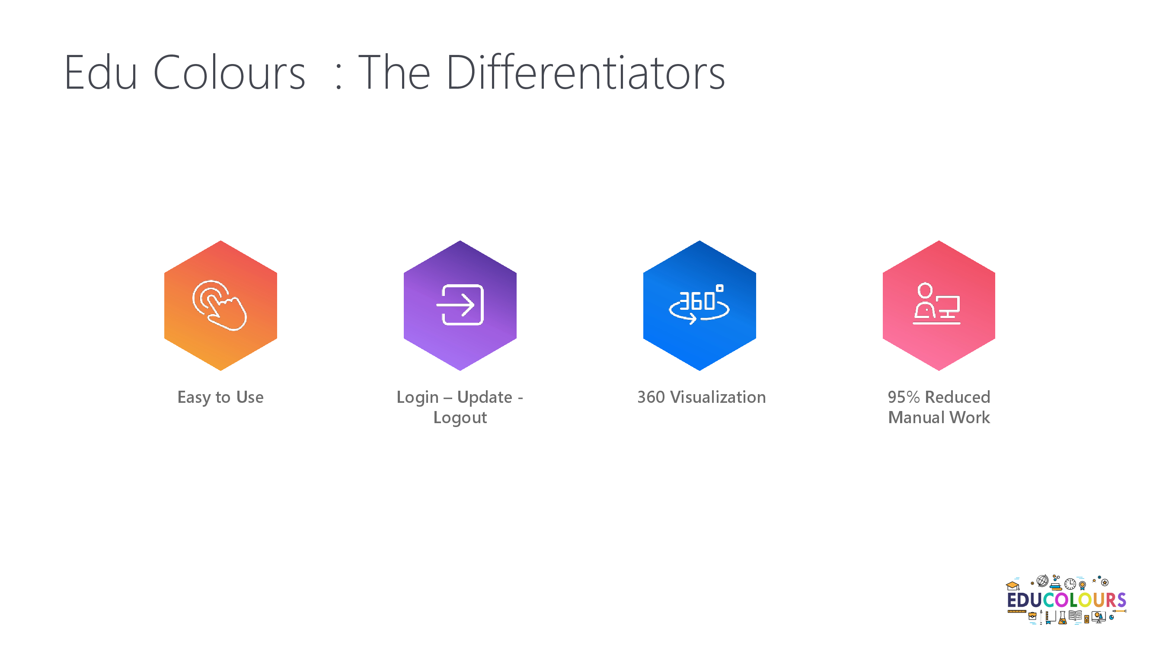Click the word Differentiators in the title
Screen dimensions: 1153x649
click(585, 72)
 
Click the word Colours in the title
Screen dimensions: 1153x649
click(229, 73)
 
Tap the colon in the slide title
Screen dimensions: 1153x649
click(339, 77)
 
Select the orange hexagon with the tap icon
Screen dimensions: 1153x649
click(220, 305)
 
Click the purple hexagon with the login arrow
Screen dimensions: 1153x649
click(460, 305)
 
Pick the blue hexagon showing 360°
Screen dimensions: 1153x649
click(699, 305)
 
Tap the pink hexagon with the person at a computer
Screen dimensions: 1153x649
click(939, 305)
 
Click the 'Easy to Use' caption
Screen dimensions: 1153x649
click(220, 397)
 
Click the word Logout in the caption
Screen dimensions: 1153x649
click(460, 418)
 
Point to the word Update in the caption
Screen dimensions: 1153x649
click(485, 397)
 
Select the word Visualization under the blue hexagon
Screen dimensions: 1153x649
click(718, 397)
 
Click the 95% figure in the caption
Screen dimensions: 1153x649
click(904, 397)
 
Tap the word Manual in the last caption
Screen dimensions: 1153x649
click(916, 418)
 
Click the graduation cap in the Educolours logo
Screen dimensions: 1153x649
click(1013, 586)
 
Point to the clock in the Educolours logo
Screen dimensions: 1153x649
click(1070, 584)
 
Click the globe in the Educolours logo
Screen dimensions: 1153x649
click(1043, 581)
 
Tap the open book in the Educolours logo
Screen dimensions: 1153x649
click(1075, 616)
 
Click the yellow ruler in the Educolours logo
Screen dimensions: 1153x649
click(1017, 611)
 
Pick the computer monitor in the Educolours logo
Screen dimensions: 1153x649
click(1099, 617)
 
